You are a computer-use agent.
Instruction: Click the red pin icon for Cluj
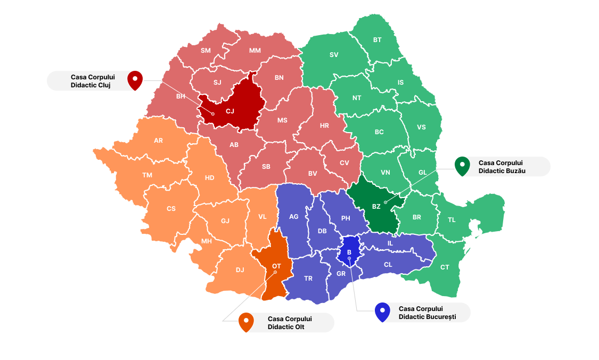tap(135, 80)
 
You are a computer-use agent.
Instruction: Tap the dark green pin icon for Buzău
tap(462, 166)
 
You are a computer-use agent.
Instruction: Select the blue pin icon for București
tap(382, 312)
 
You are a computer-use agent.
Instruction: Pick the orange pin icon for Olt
tap(246, 322)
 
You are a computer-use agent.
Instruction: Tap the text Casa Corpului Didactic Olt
tap(290, 323)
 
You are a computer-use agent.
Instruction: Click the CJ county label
tap(230, 111)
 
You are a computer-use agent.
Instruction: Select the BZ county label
tap(376, 207)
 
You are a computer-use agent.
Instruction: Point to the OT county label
tap(276, 265)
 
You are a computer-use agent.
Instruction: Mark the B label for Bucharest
tap(349, 252)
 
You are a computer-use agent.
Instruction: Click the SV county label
tap(334, 55)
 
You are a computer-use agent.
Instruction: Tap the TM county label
tap(147, 175)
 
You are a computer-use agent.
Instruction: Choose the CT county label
tap(445, 267)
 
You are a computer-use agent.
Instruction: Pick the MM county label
tap(255, 51)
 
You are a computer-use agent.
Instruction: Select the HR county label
tap(324, 126)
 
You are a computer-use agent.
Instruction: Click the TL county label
tap(452, 220)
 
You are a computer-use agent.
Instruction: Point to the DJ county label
tap(240, 269)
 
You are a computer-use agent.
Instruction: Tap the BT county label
tap(378, 40)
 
